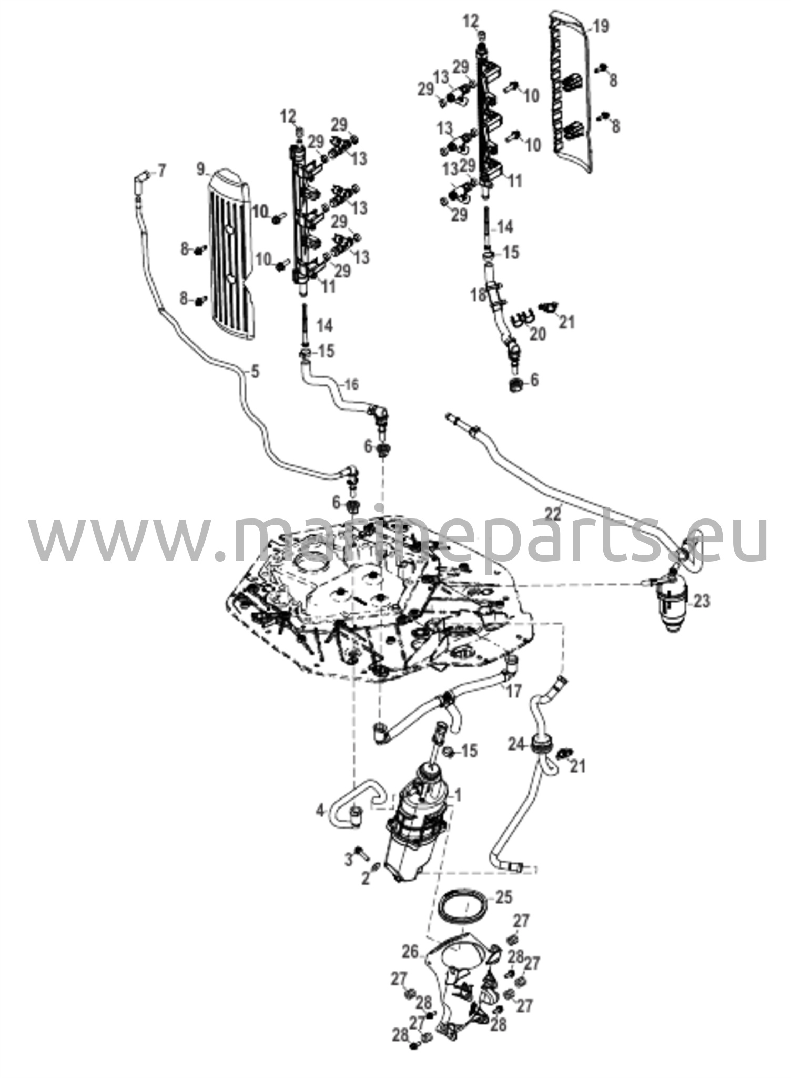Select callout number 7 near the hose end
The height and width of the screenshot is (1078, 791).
click(161, 171)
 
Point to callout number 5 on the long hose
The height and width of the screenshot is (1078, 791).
click(255, 372)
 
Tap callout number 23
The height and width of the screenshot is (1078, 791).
click(702, 600)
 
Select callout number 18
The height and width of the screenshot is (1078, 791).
click(479, 295)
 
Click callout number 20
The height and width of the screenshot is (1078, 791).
click(537, 334)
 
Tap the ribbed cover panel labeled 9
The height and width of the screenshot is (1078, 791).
click(231, 255)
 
